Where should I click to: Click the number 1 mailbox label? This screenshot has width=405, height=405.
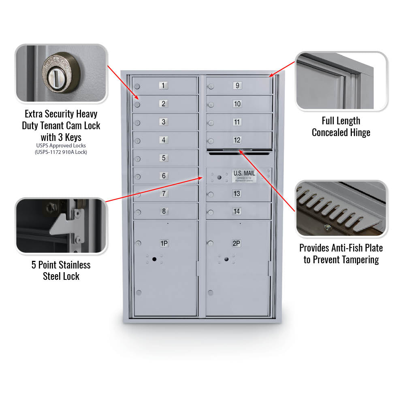pyautogui.click(x=163, y=85)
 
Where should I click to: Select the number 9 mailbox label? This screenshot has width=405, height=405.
pyautogui.click(x=237, y=85)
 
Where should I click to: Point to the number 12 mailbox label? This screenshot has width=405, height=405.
pyautogui.click(x=237, y=140)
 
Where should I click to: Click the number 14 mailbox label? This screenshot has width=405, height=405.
pyautogui.click(x=237, y=211)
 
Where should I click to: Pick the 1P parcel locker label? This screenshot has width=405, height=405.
pyautogui.click(x=164, y=243)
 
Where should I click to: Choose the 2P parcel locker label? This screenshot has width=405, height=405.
pyautogui.click(x=237, y=243)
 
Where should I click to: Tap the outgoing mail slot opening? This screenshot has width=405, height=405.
pyautogui.click(x=239, y=153)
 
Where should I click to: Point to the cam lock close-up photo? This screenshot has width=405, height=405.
pyautogui.click(x=61, y=73)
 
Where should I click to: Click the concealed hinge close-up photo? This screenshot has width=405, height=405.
pyautogui.click(x=341, y=81)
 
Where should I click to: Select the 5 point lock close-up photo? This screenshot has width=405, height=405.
pyautogui.click(x=61, y=226)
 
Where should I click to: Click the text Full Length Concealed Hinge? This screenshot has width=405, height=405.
pyautogui.click(x=341, y=127)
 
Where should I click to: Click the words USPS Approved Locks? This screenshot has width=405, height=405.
pyautogui.click(x=61, y=145)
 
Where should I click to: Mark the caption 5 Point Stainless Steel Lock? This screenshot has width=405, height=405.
pyautogui.click(x=61, y=271)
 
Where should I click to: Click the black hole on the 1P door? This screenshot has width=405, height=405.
pyautogui.click(x=154, y=259)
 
